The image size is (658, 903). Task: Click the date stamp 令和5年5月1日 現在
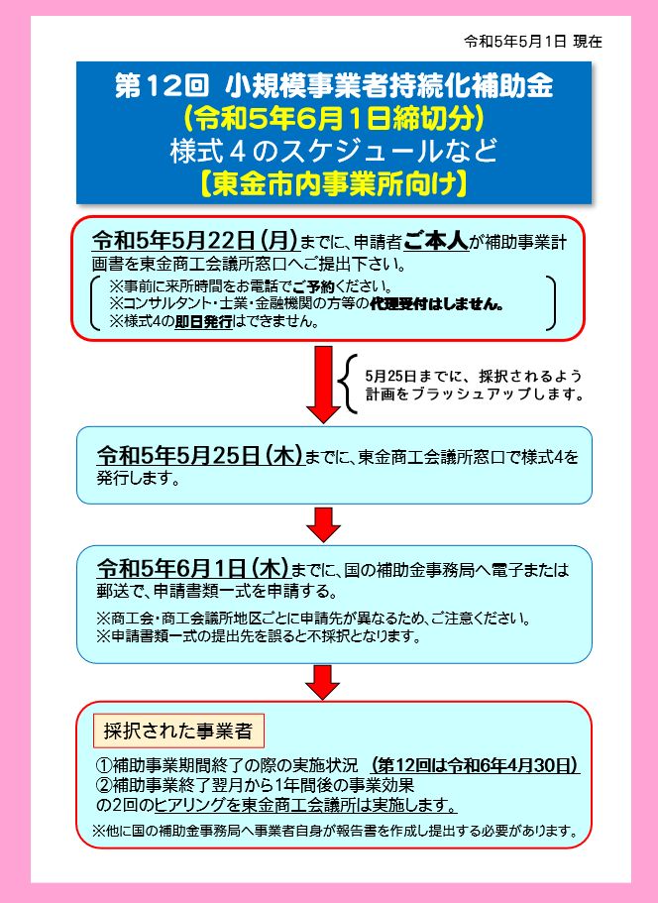click(533, 42)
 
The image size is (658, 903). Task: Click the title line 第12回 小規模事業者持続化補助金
click(334, 86)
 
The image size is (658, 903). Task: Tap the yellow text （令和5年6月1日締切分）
click(334, 118)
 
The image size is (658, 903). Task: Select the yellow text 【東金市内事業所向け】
click(334, 184)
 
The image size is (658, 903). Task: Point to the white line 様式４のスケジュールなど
click(334, 151)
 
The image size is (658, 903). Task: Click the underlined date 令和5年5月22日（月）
click(196, 241)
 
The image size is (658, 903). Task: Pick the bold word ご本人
click(436, 241)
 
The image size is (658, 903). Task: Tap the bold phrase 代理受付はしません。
click(437, 303)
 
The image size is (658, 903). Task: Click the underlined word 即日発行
click(203, 321)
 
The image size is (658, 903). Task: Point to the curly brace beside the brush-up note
click(348, 385)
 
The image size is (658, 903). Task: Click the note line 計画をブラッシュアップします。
click(475, 395)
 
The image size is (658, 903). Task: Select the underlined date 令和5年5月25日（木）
click(200, 456)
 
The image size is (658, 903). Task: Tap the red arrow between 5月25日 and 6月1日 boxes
click(323, 524)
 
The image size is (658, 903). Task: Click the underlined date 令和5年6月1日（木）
click(193, 569)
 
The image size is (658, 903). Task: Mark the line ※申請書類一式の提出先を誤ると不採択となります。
click(259, 636)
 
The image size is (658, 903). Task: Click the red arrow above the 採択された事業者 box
click(323, 682)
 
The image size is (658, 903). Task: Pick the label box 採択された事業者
click(178, 731)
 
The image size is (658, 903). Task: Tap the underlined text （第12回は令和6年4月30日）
click(475, 765)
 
